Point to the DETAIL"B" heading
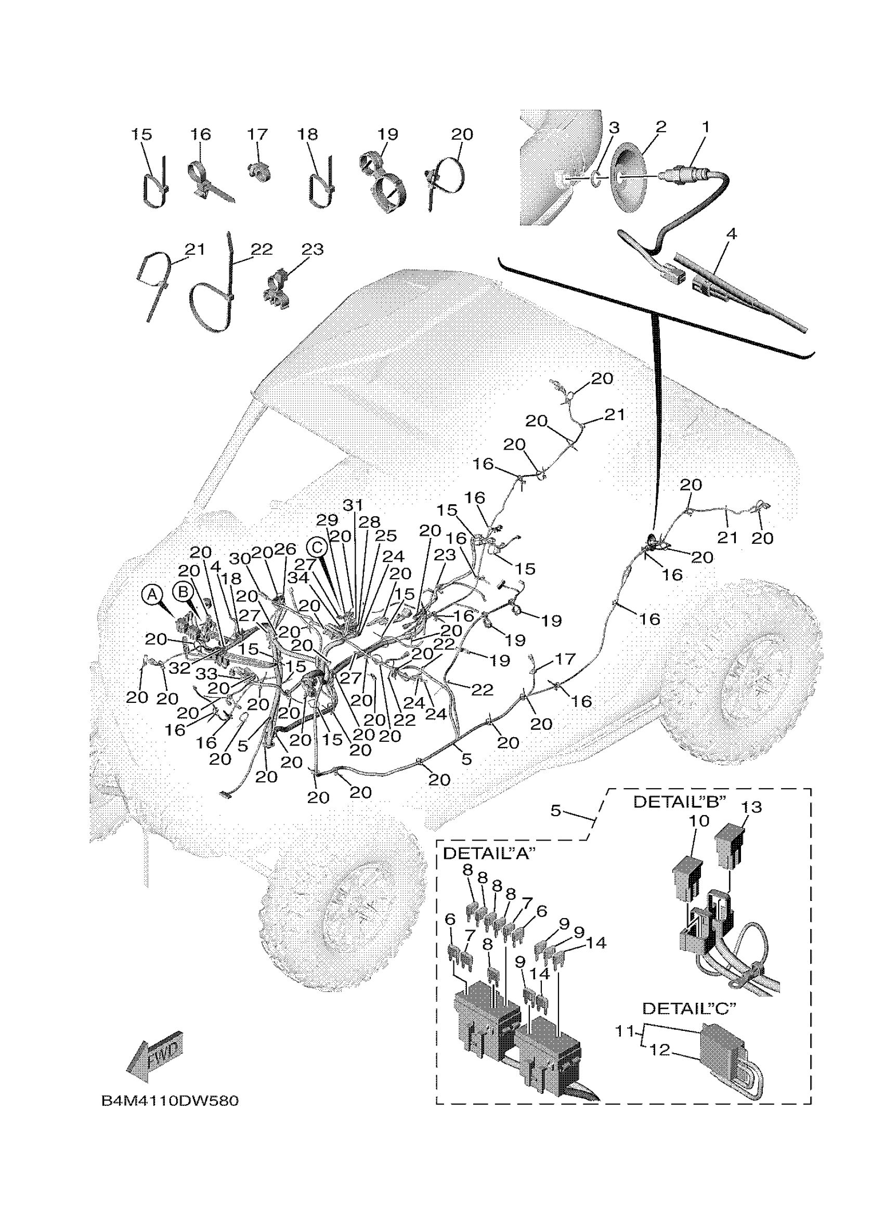click(680, 802)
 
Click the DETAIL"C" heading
click(688, 1009)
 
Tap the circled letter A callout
click(152, 595)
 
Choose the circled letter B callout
click(183, 592)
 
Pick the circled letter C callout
click(317, 547)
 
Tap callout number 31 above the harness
click(353, 505)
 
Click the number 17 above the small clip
click(257, 134)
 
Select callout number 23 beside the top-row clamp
click(312, 249)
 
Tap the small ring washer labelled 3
click(596, 178)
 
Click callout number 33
click(206, 674)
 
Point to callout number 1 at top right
click(706, 127)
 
